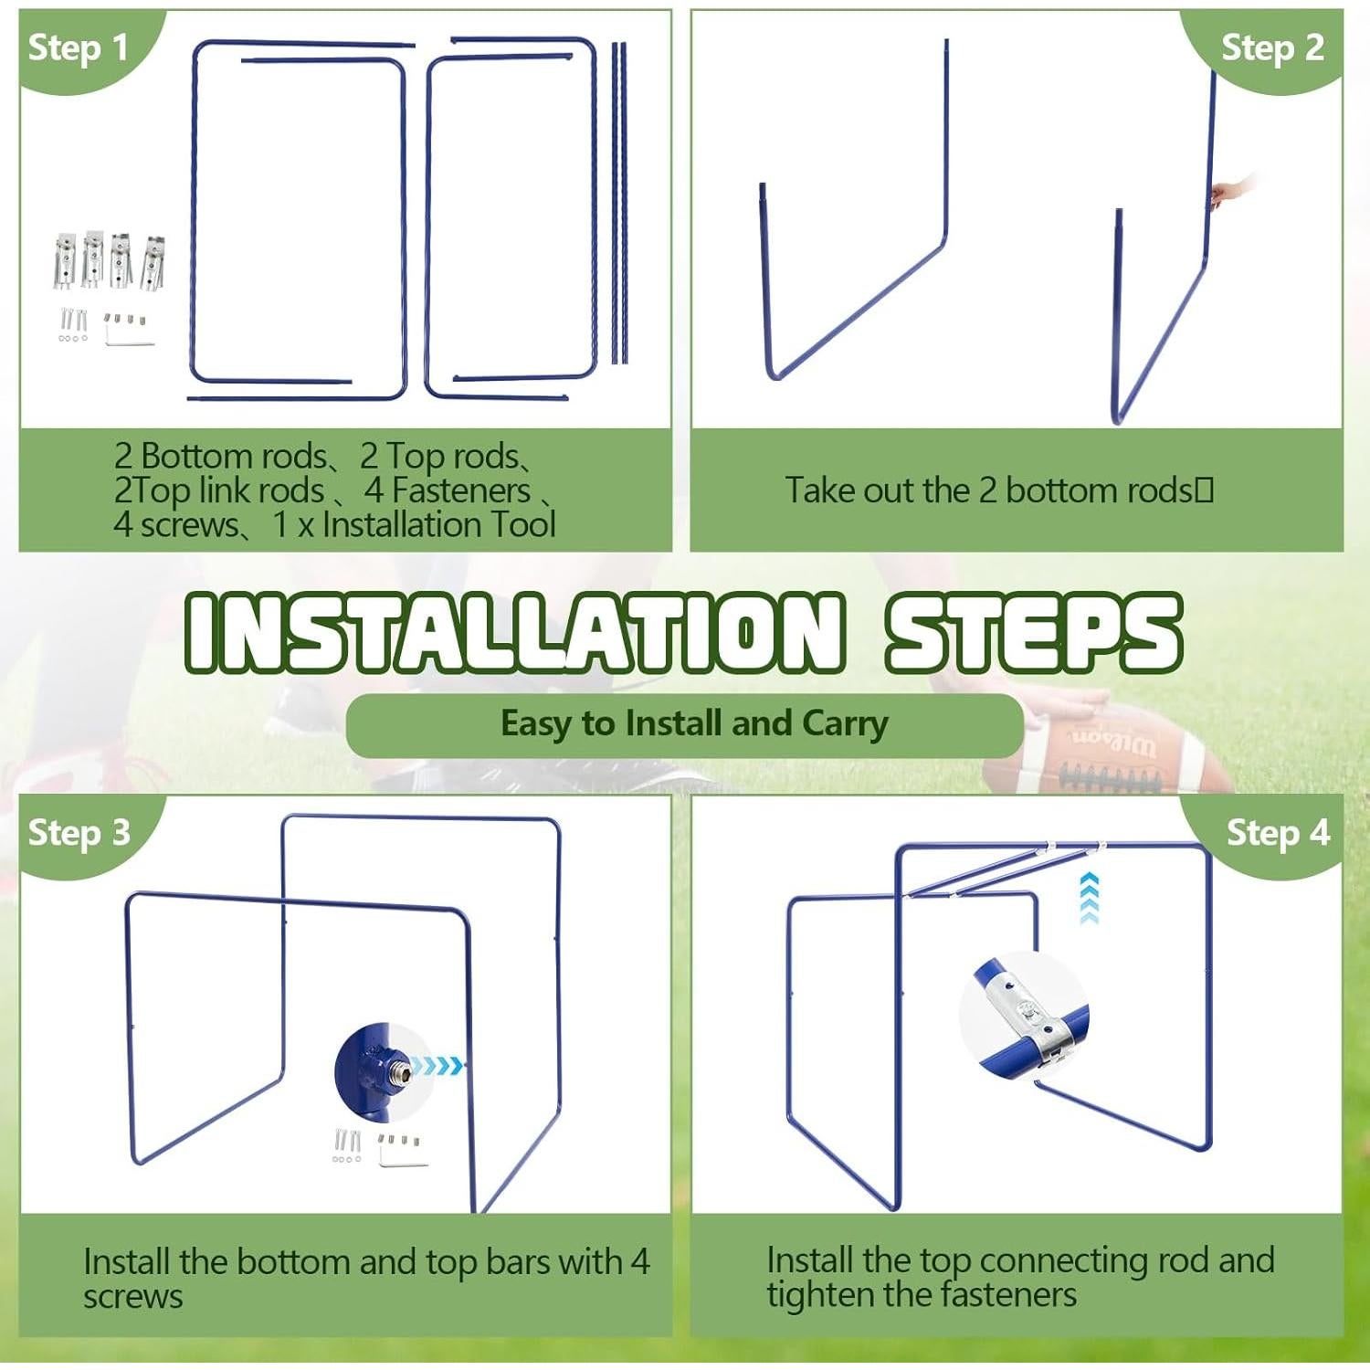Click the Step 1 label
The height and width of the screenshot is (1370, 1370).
(79, 47)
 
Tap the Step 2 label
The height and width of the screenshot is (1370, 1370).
(1272, 47)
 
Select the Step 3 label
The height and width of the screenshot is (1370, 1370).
(79, 833)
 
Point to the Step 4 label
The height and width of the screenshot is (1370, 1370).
(1278, 833)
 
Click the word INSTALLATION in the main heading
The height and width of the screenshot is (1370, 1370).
(514, 632)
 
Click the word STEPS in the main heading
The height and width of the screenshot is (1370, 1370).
(1034, 632)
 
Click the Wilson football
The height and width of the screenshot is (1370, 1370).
(1101, 753)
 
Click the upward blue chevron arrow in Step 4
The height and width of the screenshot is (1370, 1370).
(1089, 898)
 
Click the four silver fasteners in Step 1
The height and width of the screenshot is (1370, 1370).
(110, 261)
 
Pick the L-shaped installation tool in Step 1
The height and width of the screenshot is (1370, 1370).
(129, 335)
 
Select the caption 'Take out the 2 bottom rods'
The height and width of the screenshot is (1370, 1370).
(999, 490)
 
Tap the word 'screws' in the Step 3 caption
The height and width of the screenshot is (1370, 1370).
(133, 1296)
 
